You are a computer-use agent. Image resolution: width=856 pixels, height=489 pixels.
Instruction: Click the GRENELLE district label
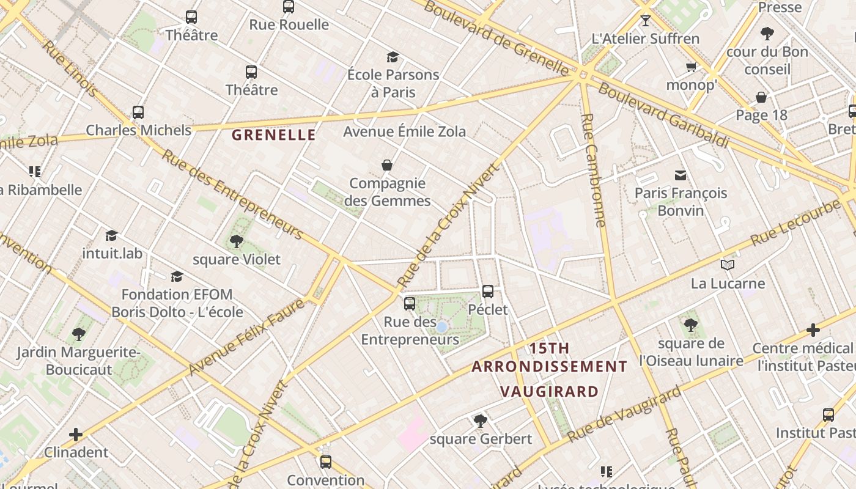(273, 135)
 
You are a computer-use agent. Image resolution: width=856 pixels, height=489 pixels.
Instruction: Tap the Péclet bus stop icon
(488, 292)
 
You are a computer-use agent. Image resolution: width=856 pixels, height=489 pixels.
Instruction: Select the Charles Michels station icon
(138, 112)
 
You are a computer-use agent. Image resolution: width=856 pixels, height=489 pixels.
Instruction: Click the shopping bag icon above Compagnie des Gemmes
(387, 165)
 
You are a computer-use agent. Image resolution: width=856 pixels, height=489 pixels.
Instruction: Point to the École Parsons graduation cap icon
(393, 57)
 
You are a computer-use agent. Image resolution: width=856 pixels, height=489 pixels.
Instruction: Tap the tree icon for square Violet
(237, 241)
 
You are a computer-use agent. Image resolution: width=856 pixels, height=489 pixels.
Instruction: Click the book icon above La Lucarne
(727, 265)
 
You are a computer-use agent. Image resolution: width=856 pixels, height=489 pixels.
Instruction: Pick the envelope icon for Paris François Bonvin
(681, 175)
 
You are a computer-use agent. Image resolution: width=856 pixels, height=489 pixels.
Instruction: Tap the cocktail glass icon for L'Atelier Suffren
(646, 21)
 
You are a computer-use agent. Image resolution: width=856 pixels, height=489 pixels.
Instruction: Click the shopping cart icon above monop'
(692, 67)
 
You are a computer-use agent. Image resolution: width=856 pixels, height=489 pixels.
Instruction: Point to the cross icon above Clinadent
(76, 435)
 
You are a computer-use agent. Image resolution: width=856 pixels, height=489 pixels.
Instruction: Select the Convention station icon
(326, 462)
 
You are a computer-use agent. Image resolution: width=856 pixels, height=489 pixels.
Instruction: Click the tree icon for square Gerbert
(481, 421)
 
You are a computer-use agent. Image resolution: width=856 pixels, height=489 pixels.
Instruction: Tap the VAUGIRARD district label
(548, 391)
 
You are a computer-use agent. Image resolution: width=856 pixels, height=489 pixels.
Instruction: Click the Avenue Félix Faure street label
(246, 337)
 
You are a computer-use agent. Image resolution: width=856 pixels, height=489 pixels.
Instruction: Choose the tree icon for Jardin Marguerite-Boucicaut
(78, 334)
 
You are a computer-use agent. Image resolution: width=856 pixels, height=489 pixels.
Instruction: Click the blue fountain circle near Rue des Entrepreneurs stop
(441, 328)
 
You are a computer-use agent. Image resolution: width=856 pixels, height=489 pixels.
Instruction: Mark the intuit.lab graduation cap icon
(111, 235)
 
